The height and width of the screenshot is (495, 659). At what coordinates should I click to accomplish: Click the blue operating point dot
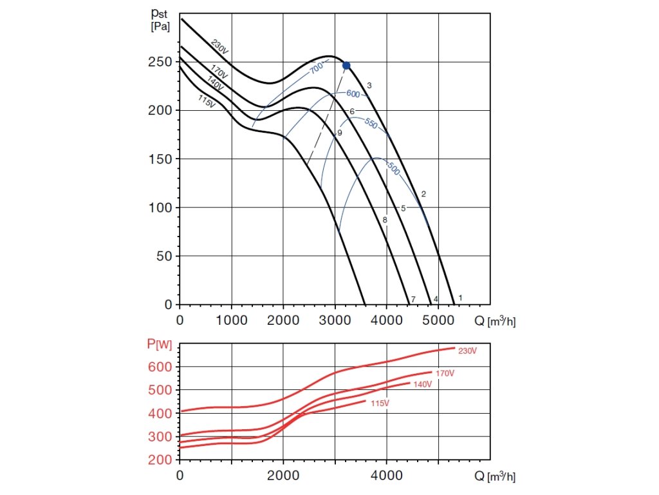pos(346,65)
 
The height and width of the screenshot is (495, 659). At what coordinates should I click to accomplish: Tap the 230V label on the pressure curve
pos(220,47)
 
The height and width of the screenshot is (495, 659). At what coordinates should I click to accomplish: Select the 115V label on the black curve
pos(207,101)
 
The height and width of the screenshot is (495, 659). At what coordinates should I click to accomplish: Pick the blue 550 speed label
pos(371,124)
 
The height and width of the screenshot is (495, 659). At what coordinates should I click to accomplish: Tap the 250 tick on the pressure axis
pos(161,62)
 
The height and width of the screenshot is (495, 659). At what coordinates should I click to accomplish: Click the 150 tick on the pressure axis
pos(161,159)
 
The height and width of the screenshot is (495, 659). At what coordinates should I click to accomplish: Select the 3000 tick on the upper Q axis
pos(335,318)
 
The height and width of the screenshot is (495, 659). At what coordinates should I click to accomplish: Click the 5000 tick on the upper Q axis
pos(438,318)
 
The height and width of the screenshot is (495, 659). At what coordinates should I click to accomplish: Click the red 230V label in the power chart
pos(467,351)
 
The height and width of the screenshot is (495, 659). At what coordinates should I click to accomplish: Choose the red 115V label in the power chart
pos(380,403)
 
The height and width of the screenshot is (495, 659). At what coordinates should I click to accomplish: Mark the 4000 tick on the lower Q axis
pos(386,476)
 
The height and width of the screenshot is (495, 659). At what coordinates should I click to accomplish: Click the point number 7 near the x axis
pos(413,299)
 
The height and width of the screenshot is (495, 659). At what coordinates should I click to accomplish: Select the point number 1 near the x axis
pos(460,298)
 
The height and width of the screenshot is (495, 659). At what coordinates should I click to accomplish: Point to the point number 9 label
pos(339,133)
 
